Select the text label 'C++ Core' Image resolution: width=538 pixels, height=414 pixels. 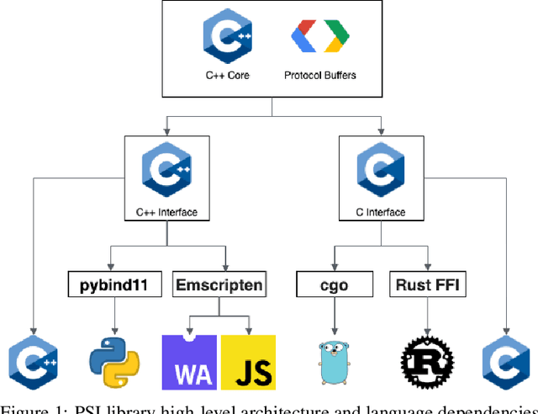[x=227, y=75]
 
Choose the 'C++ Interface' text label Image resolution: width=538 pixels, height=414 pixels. [x=166, y=212]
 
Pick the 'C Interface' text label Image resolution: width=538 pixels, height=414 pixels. [x=381, y=212]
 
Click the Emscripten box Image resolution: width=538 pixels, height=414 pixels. [x=219, y=285]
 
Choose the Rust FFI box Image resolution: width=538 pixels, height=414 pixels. [x=427, y=285]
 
